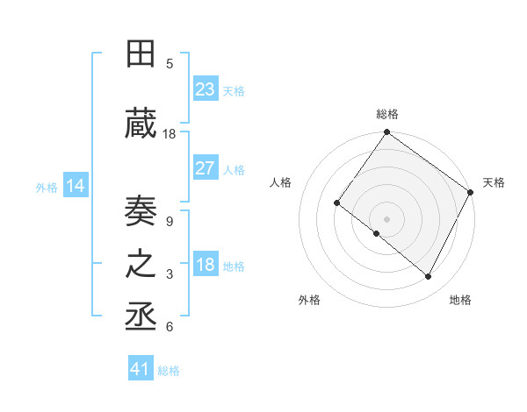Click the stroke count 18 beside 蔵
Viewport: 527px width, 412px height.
[170, 134]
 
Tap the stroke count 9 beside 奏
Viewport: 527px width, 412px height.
[170, 223]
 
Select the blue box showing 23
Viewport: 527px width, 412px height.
[206, 89]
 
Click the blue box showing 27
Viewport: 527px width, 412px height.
[206, 168]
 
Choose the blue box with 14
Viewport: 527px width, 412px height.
[76, 186]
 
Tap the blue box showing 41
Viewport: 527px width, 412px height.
[141, 369]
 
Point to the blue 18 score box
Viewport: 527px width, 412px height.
[206, 265]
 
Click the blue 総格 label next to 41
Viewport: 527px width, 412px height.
[169, 371]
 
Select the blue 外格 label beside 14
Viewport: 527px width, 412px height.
[47, 187]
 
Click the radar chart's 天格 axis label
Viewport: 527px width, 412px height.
[494, 182]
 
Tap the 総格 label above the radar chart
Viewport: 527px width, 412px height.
[386, 114]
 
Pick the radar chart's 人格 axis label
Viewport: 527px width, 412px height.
[281, 182]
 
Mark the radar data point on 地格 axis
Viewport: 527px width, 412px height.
[429, 277]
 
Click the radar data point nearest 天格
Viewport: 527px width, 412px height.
[472, 192]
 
